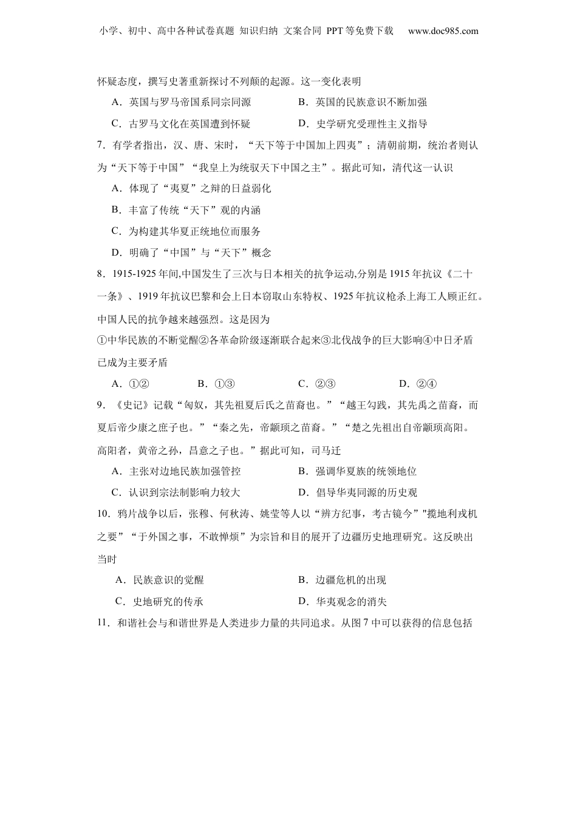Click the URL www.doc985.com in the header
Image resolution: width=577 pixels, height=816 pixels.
(x=443, y=31)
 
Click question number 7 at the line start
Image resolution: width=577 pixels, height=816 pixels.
(x=101, y=146)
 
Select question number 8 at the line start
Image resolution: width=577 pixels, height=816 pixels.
(x=101, y=274)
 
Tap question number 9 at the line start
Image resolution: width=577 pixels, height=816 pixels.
(x=101, y=405)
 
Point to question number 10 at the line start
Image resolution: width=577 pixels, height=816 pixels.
(x=103, y=514)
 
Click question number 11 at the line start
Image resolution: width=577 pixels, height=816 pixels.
(x=103, y=623)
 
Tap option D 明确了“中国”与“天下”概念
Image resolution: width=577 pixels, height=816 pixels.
(x=191, y=253)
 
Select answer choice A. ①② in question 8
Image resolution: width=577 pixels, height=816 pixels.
(x=131, y=384)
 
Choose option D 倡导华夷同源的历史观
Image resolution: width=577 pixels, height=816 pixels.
(x=358, y=492)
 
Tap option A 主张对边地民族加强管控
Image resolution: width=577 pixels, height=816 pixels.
(x=176, y=471)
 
